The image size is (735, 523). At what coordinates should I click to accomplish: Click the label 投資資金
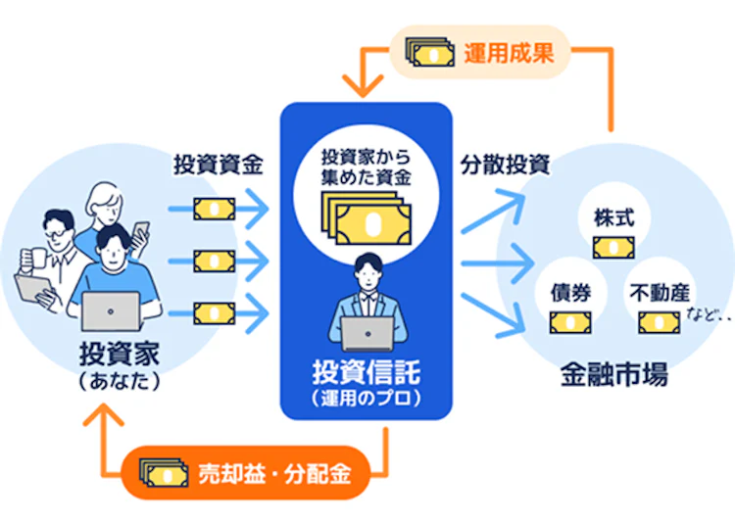[218, 164]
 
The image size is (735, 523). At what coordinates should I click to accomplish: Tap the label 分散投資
[505, 164]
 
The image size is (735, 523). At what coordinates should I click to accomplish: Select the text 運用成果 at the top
[509, 52]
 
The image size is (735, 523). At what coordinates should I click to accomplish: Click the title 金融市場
[614, 373]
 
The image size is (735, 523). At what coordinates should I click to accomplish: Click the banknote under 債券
[568, 321]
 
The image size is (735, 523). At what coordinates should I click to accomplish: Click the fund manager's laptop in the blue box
[367, 334]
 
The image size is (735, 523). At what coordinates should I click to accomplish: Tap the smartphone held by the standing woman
[140, 231]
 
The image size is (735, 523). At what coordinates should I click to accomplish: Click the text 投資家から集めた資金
[366, 166]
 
